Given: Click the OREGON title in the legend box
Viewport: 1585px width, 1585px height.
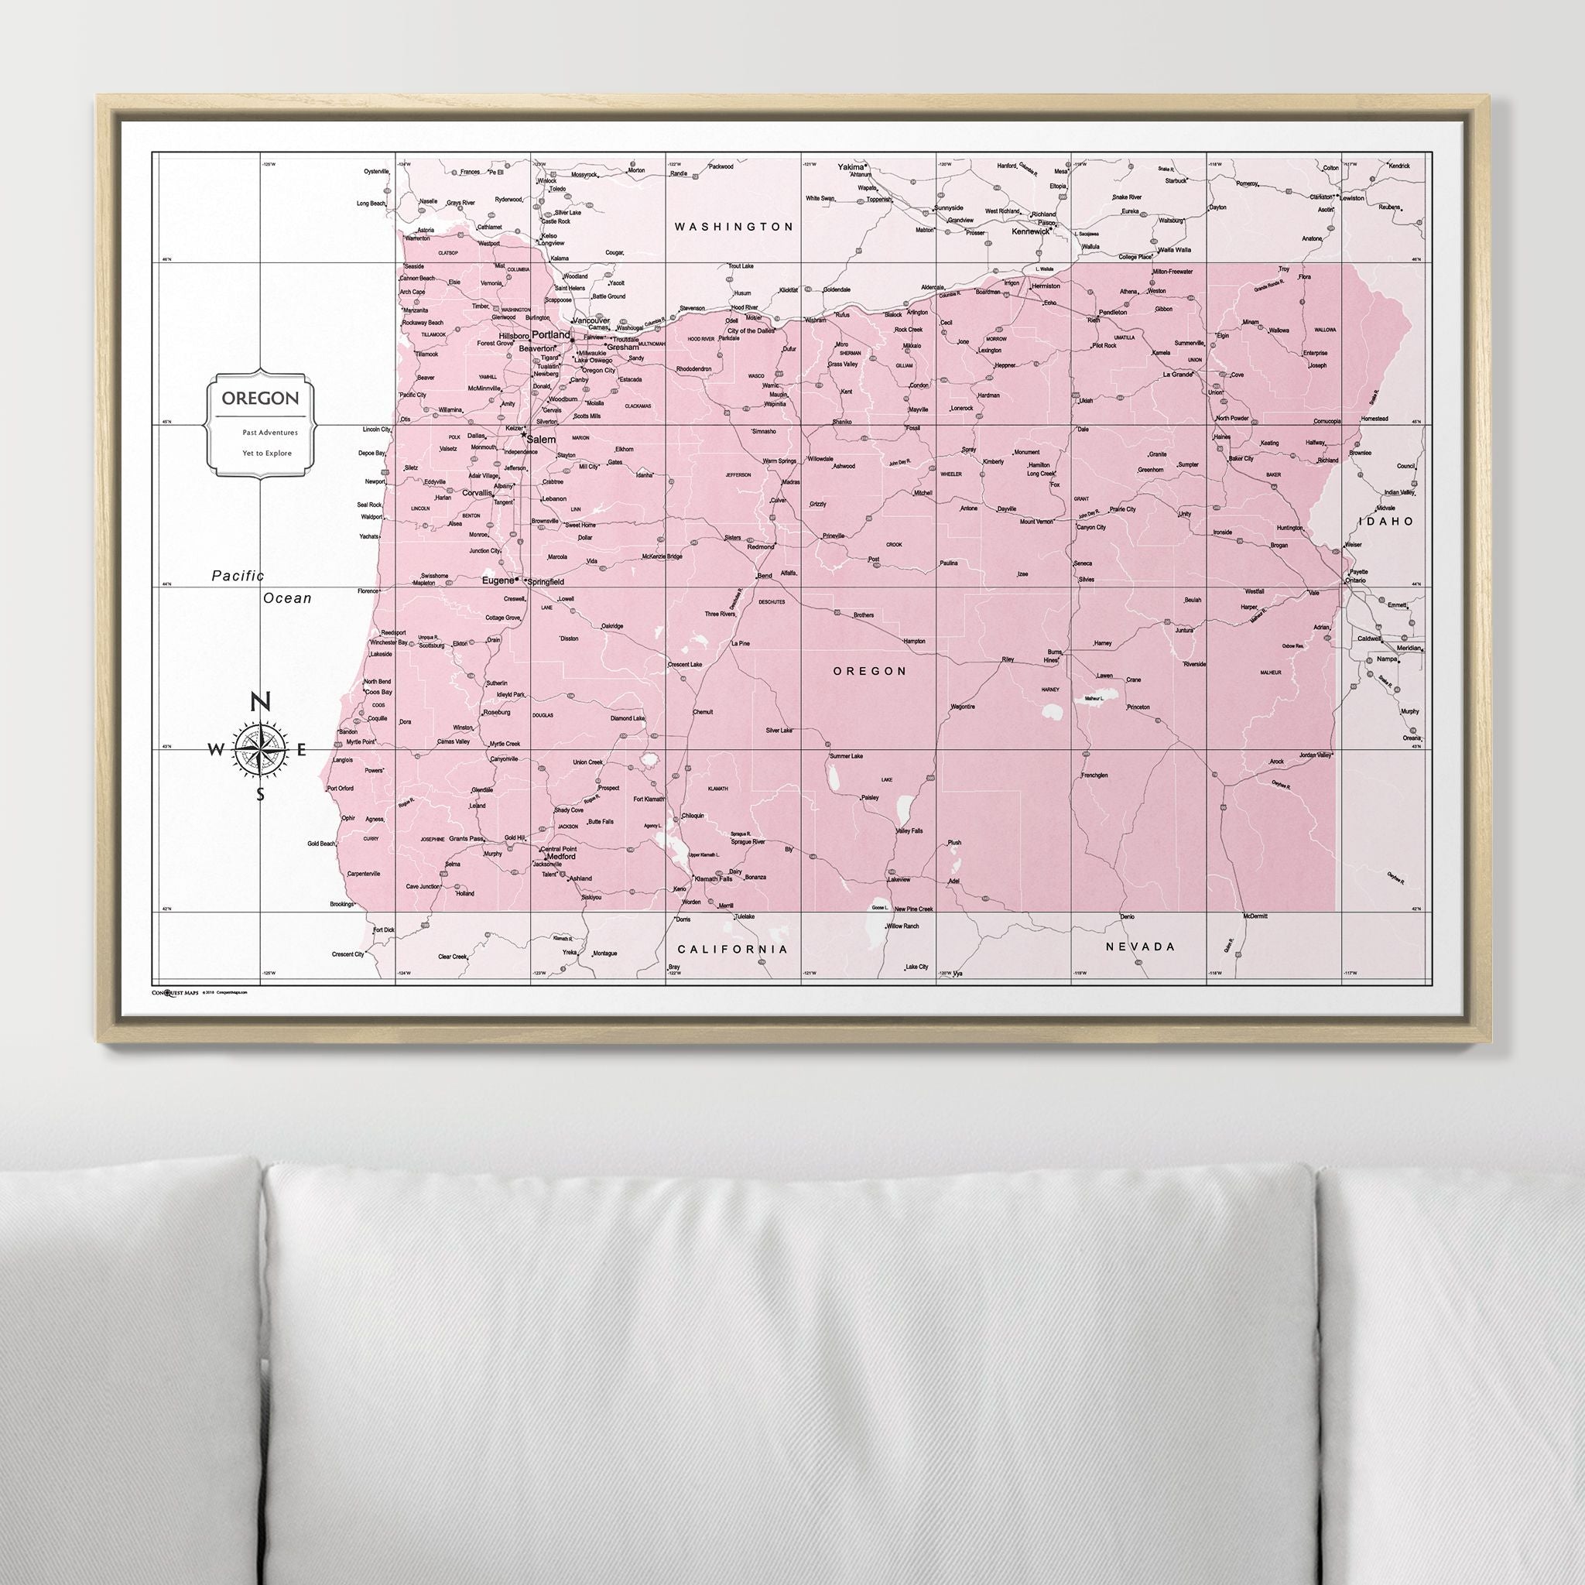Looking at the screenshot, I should pyautogui.click(x=260, y=399).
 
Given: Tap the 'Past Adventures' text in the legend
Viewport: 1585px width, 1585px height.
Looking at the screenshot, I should pyautogui.click(x=270, y=432).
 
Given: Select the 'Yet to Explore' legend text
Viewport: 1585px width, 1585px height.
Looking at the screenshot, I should pyautogui.click(x=267, y=453).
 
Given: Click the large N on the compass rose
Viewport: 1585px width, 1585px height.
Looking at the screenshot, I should pyautogui.click(x=260, y=702).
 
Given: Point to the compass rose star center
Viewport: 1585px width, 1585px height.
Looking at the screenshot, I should pyautogui.click(x=260, y=748).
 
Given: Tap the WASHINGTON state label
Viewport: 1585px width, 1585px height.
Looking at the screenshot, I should pyautogui.click(x=734, y=227).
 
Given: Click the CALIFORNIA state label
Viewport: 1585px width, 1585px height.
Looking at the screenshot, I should pyautogui.click(x=733, y=949).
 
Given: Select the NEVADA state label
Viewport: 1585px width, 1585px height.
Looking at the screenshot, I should pyautogui.click(x=1140, y=946).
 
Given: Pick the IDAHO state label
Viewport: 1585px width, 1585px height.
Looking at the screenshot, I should pyautogui.click(x=1386, y=521).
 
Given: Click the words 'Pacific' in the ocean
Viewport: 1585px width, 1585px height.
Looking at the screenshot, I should pyautogui.click(x=238, y=576).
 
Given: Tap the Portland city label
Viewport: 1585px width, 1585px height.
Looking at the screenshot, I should pyautogui.click(x=550, y=334).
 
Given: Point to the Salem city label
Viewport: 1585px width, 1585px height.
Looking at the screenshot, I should pyautogui.click(x=541, y=440).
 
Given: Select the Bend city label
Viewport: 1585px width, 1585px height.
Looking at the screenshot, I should pyautogui.click(x=764, y=576).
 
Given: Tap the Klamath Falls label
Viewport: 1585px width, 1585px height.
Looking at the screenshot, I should pyautogui.click(x=713, y=878).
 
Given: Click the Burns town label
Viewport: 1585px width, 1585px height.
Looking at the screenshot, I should pyautogui.click(x=1054, y=652).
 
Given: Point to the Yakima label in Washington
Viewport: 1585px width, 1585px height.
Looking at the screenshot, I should pyautogui.click(x=851, y=166).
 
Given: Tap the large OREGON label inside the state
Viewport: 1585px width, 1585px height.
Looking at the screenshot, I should pyautogui.click(x=870, y=671).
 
